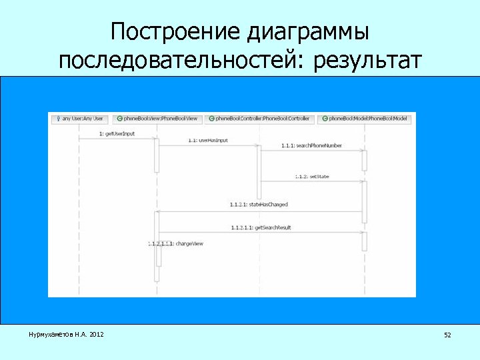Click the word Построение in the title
tap(175, 32)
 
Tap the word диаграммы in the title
tap(308, 32)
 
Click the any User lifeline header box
tap(79, 119)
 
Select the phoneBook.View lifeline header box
tap(157, 119)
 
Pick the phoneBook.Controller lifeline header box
tap(259, 119)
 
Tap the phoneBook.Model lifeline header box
tap(364, 119)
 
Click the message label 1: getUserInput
tap(117, 133)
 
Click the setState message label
tap(312, 177)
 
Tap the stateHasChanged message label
tap(259, 205)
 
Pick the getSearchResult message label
tap(261, 227)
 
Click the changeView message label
tap(177, 244)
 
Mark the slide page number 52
tap(447, 335)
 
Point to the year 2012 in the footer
tap(96, 334)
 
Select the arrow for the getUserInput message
tap(117, 139)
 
